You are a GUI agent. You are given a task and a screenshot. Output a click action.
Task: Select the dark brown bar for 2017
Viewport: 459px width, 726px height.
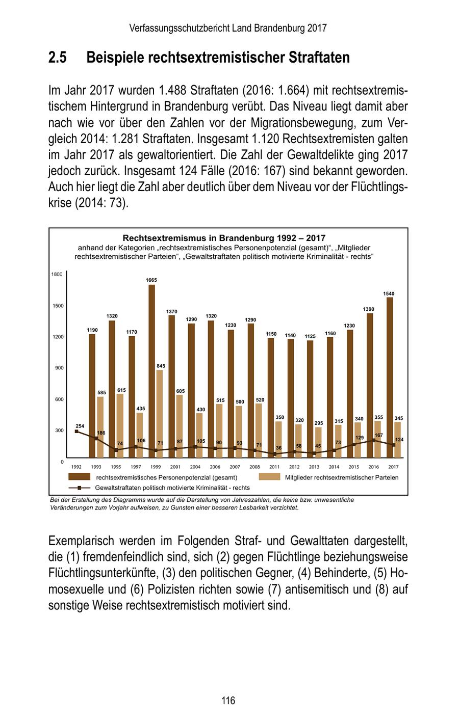(390, 377)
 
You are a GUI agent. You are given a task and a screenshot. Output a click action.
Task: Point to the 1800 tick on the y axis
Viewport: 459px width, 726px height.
(57, 275)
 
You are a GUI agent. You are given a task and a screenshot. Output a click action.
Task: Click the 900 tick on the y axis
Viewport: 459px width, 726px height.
(59, 368)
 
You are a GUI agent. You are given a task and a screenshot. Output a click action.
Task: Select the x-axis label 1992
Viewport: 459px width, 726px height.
(76, 467)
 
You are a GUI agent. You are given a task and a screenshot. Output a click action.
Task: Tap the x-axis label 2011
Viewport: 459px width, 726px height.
(274, 467)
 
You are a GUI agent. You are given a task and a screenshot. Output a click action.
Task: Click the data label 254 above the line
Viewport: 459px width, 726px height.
(80, 426)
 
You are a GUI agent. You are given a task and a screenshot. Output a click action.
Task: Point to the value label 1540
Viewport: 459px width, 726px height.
(389, 294)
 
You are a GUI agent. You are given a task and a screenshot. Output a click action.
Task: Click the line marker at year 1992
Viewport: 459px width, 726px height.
(76, 432)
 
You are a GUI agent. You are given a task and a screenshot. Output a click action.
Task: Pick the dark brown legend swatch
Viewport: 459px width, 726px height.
(79, 477)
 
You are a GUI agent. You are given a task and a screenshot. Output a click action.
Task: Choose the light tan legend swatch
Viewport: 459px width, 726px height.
(269, 477)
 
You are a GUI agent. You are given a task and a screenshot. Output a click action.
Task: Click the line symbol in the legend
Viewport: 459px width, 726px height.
(79, 488)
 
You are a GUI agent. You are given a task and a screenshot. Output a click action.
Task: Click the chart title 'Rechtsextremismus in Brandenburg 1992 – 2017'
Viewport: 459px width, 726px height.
(224, 238)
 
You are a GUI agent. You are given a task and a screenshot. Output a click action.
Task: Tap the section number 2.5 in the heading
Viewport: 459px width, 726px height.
(58, 58)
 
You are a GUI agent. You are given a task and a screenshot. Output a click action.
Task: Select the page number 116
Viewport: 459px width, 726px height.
(228, 701)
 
